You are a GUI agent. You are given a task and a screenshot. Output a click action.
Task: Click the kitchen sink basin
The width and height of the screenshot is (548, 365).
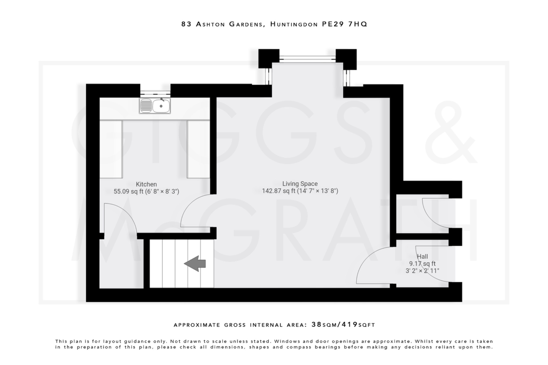tap(161, 106)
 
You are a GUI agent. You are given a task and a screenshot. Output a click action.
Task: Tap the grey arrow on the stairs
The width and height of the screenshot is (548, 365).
tap(195, 264)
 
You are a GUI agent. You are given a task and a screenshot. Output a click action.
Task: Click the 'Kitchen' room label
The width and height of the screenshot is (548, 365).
tap(146, 184)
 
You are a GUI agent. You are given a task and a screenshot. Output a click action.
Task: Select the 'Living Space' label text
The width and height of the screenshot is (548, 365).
tap(300, 184)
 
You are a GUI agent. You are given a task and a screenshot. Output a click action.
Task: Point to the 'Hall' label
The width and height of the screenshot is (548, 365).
tap(422, 256)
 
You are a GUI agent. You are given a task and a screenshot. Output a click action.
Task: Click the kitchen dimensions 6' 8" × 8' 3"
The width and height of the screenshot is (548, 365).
tap(162, 191)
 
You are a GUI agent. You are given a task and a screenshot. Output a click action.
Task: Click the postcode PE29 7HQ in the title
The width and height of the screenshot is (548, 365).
tap(344, 24)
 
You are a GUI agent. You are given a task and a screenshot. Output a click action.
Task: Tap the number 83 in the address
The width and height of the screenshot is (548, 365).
tap(187, 24)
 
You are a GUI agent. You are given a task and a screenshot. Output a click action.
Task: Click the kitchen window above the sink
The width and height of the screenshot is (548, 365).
tap(155, 93)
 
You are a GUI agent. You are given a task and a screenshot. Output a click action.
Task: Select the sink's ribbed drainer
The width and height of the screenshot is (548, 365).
tap(146, 106)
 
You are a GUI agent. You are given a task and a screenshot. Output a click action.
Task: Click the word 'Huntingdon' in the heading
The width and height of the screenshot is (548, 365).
tap(294, 24)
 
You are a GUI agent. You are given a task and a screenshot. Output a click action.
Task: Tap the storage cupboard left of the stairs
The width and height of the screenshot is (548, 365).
tap(121, 265)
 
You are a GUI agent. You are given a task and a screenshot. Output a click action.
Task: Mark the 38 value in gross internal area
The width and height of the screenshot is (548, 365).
tap(316, 325)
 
